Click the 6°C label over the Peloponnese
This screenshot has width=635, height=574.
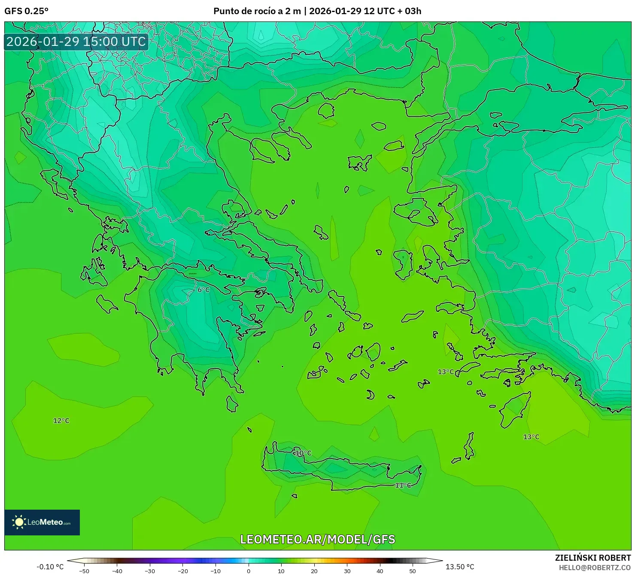204,290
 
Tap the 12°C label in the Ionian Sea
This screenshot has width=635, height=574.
61,420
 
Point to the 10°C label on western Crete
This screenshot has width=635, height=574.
303,453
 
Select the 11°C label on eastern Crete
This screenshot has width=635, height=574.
403,485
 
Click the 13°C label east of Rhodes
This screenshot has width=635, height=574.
531,437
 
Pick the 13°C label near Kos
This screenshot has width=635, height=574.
446,372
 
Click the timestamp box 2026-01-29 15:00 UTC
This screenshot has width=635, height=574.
76,42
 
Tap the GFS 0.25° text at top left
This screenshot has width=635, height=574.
26,11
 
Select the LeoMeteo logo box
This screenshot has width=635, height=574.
42,522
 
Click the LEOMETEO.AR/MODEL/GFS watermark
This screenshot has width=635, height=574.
317,539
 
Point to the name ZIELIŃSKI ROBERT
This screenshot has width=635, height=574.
592,558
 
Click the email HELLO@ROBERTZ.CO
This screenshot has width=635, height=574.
595,567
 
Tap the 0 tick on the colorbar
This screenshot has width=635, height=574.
249,571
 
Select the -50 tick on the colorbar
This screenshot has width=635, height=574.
84,571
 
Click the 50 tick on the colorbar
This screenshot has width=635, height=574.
413,571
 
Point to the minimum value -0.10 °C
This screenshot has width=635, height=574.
50,567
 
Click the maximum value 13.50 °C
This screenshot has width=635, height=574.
460,567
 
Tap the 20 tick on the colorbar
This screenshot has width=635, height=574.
314,571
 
